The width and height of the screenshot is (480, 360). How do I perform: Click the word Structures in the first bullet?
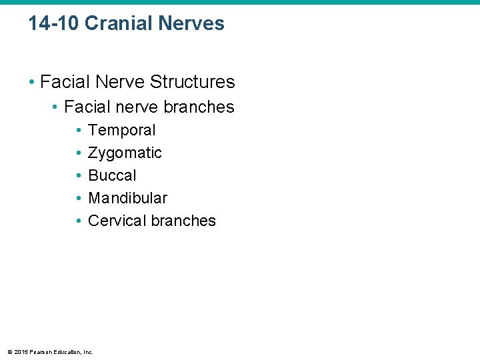tap(193, 82)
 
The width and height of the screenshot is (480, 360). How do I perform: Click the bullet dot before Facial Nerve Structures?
tap(32, 83)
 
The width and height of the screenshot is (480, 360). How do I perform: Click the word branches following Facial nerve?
tap(199, 107)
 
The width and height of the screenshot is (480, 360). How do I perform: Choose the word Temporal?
tap(121, 130)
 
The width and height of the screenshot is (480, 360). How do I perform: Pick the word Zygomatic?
tap(125, 153)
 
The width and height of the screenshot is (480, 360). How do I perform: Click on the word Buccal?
tap(112, 175)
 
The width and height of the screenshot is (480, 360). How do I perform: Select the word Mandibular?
tap(127, 198)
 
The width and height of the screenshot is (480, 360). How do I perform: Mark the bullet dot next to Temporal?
tap(79, 131)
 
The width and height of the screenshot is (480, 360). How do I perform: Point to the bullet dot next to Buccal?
tap(79, 176)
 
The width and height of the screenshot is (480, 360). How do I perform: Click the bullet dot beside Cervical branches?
tap(79, 221)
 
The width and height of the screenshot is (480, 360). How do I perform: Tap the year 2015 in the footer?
tap(20, 352)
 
